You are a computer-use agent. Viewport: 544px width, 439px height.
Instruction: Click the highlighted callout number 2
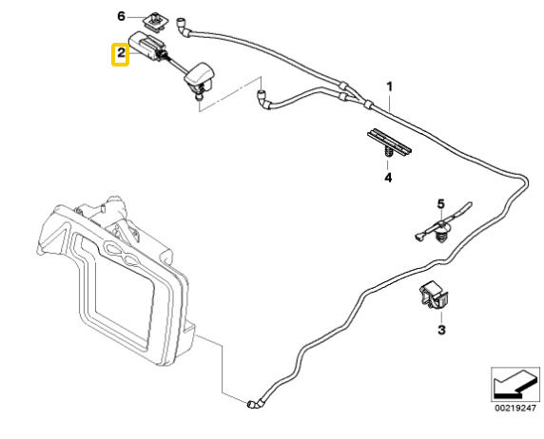[121, 53]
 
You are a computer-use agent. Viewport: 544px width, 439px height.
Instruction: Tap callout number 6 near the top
[121, 16]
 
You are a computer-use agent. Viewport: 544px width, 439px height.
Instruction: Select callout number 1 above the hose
[389, 86]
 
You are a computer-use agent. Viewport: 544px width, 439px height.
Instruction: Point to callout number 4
[388, 178]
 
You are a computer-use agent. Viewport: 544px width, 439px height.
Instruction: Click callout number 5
[440, 204]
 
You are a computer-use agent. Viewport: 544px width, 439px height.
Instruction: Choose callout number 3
[441, 330]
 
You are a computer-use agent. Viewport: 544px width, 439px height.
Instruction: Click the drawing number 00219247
[515, 409]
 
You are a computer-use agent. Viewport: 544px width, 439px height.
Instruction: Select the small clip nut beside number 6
[154, 23]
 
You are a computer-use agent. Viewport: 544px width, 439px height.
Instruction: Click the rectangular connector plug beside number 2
[146, 46]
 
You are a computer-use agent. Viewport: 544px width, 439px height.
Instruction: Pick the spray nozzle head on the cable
[200, 77]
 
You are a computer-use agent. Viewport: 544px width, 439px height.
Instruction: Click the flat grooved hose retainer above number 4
[389, 141]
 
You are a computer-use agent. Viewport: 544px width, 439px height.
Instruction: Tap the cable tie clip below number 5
[442, 231]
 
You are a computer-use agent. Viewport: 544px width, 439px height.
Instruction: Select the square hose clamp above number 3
[434, 295]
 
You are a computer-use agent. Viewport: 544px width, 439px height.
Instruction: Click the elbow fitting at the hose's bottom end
[254, 403]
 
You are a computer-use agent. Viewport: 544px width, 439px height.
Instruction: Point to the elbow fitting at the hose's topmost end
[184, 27]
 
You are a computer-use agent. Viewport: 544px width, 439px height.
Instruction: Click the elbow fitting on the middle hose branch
[264, 100]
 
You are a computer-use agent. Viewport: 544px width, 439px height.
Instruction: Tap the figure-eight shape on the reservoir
[123, 254]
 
